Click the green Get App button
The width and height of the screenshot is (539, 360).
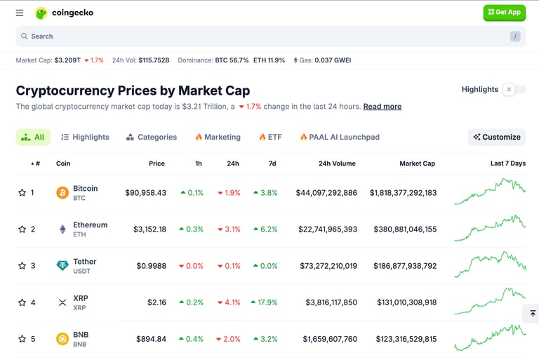[x=504, y=13]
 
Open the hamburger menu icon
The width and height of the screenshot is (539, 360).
[x=20, y=13]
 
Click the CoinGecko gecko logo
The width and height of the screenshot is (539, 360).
[x=41, y=13]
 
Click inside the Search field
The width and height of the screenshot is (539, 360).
[x=267, y=36]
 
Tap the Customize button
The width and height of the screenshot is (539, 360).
[x=497, y=137]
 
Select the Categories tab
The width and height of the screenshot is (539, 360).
[x=152, y=137]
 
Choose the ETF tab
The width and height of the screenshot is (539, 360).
[x=270, y=137]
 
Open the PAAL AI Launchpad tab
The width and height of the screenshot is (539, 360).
[x=340, y=137]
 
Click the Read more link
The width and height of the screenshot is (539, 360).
[x=382, y=107]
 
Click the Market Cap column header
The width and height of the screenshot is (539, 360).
[x=417, y=164]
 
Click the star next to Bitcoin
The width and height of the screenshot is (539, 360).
[x=22, y=193]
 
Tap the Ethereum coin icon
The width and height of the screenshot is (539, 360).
[x=62, y=229]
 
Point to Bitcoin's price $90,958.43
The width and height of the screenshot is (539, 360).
[x=145, y=193]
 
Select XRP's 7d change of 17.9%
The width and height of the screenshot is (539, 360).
[x=265, y=302]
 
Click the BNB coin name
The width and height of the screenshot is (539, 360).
[x=81, y=335]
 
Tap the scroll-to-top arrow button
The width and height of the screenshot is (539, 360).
[x=532, y=314]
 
